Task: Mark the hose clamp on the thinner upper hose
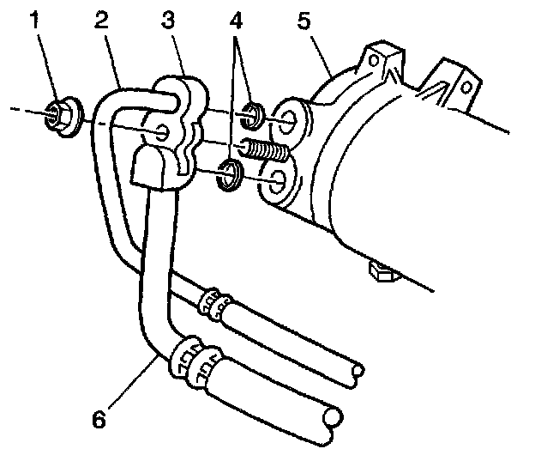tap(215, 302)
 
